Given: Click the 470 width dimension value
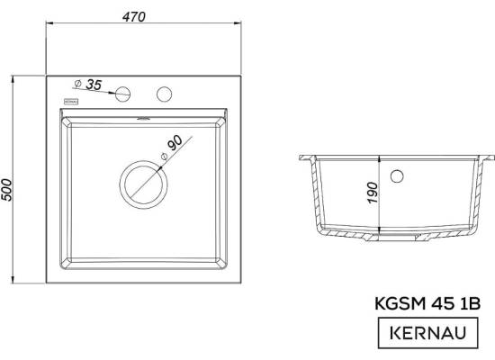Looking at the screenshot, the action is pos(134,17).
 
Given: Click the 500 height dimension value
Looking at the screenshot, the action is pos(6,190).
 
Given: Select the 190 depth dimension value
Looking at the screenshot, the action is pos(373,193).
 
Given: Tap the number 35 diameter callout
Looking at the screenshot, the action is pos(94,85).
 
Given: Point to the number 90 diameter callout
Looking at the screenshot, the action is pos(175,143).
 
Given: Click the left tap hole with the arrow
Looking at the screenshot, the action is pos(122,94).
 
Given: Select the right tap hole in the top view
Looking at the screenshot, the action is pos(164,94).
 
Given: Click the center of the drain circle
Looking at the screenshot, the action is pos(144,184).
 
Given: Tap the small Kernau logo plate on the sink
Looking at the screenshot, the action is pos(72,102).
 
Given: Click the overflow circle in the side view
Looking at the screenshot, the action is pos(397,176).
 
